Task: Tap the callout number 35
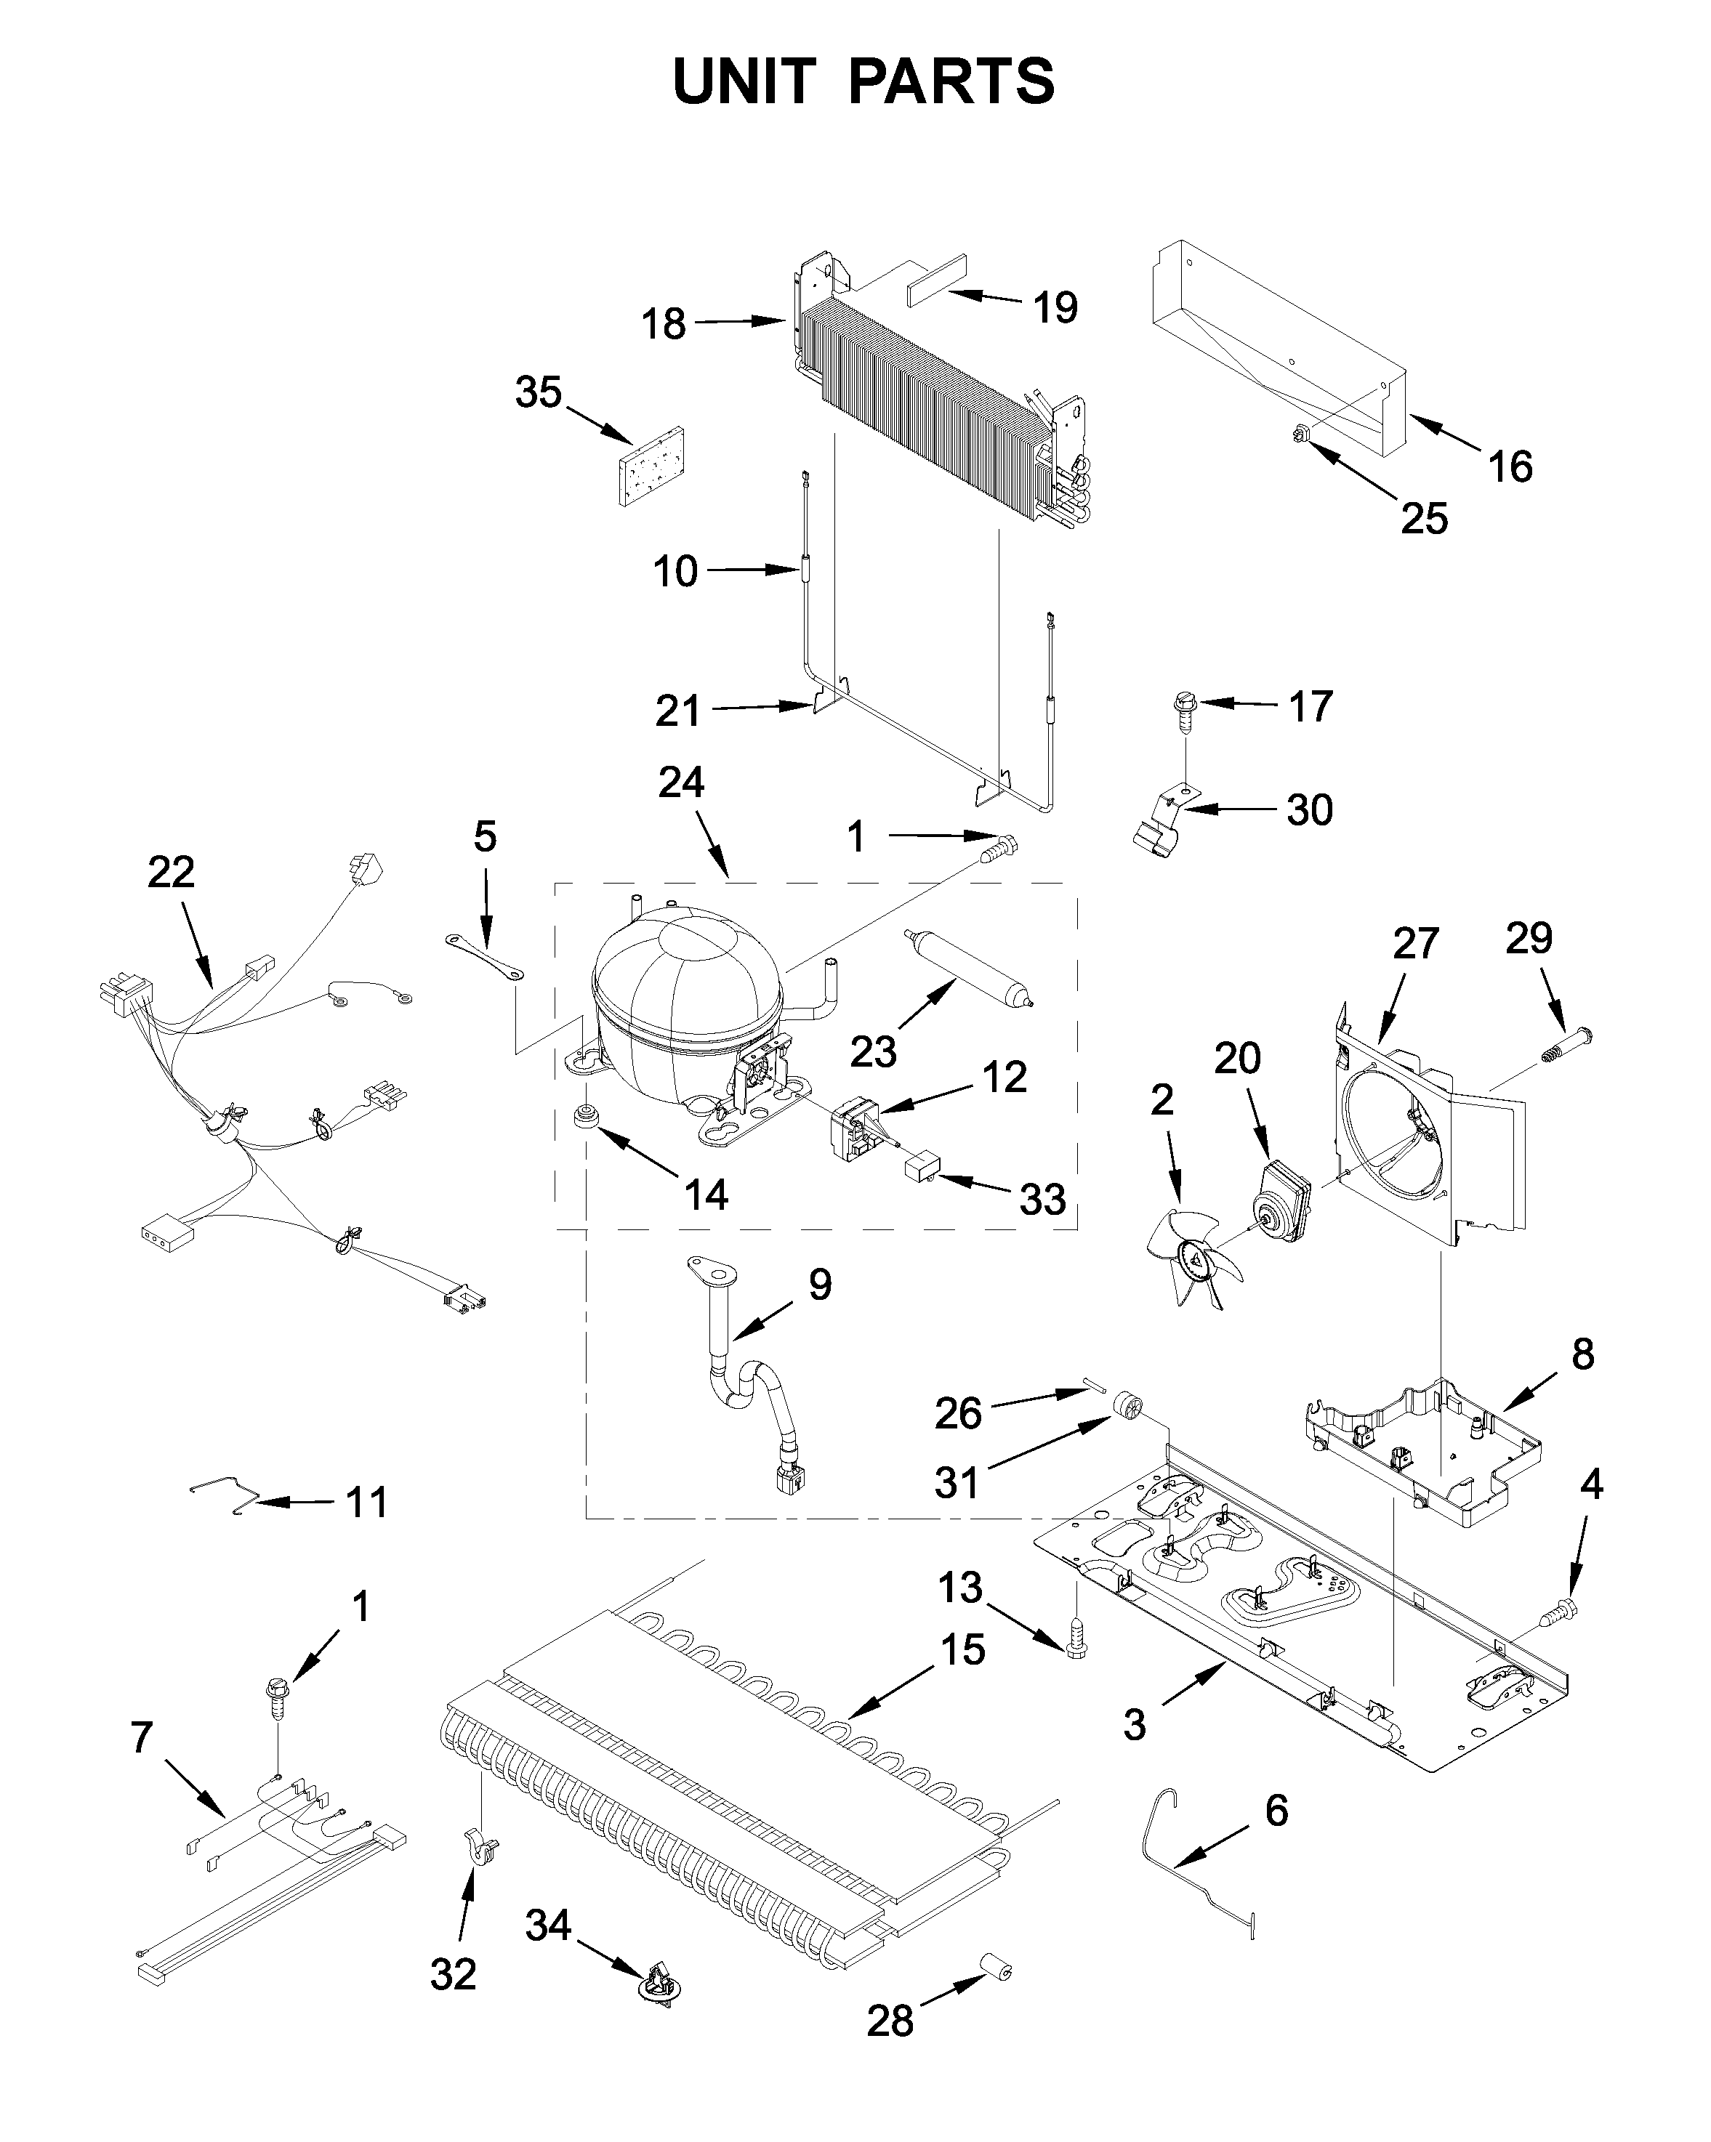539,392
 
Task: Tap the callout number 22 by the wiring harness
171,873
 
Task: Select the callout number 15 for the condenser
961,1650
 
